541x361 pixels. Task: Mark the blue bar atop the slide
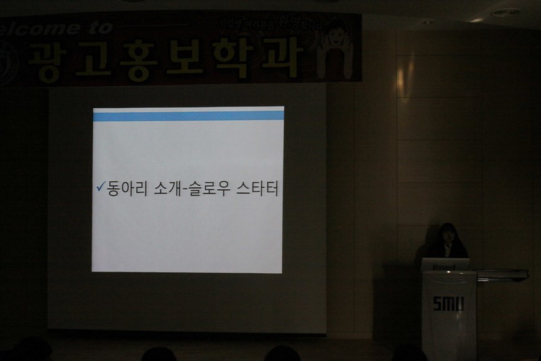[188, 116]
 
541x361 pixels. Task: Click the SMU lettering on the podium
[448, 303]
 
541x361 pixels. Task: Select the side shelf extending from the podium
[502, 274]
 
